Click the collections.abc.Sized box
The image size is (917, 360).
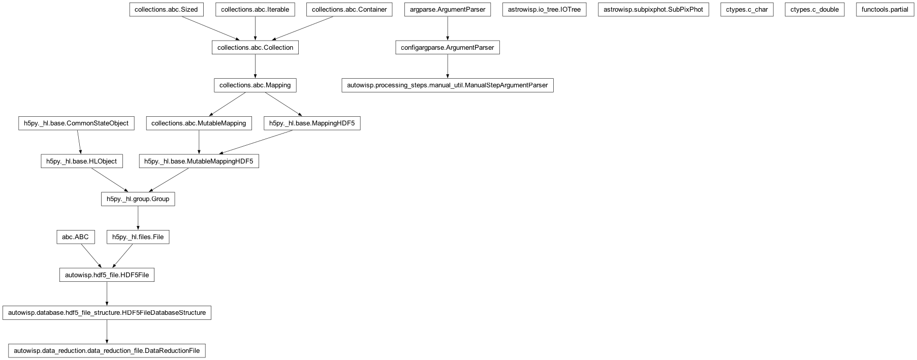click(166, 10)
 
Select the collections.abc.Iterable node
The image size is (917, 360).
click(255, 10)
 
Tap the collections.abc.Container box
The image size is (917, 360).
click(349, 10)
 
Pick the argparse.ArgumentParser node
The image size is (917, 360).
click(447, 10)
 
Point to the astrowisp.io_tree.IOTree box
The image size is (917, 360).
click(544, 10)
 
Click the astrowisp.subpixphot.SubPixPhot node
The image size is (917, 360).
click(653, 10)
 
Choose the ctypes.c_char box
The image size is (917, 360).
click(746, 10)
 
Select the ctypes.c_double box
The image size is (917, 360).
click(814, 10)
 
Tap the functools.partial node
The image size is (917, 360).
click(884, 10)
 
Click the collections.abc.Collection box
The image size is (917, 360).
click(255, 48)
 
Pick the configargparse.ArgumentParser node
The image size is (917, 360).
click(447, 48)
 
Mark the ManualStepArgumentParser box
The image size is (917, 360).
click(447, 85)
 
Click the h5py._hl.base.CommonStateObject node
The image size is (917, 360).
click(76, 123)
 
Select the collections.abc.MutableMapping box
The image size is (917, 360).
click(199, 123)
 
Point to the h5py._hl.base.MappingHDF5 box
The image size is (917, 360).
click(312, 123)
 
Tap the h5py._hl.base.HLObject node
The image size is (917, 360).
click(81, 161)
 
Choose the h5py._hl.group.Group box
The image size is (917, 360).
click(138, 199)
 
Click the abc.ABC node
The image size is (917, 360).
click(75, 237)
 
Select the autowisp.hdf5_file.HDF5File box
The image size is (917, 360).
click(107, 275)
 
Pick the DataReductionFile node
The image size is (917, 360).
click(107, 351)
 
